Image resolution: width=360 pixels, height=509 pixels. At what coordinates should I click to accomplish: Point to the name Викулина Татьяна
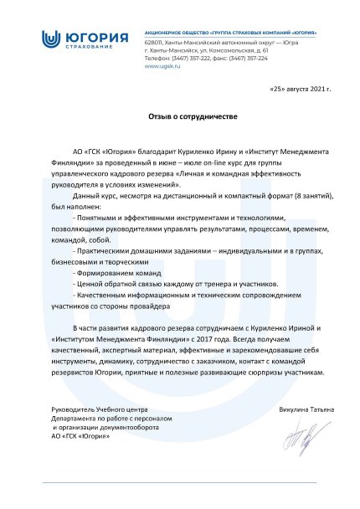306,409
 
